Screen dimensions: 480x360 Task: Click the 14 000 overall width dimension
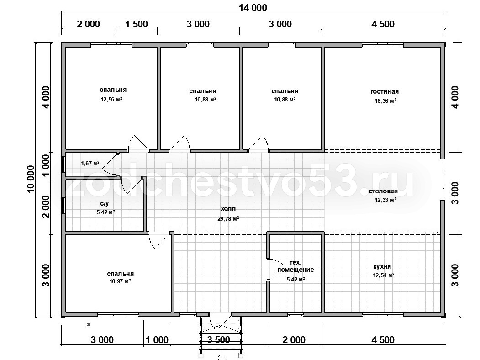coord(253,7)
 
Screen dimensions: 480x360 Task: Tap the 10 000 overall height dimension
coord(31,179)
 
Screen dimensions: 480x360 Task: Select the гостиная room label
coord(385,91)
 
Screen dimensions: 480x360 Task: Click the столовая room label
coord(383,191)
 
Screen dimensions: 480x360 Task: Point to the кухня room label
coord(382,266)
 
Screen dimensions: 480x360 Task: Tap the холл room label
coord(228,209)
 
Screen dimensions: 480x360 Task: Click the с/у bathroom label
coord(105,203)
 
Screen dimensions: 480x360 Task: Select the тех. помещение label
coord(295,266)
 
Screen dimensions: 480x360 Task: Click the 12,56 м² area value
coord(111,99)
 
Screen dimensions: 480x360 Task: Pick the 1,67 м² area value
coord(90,164)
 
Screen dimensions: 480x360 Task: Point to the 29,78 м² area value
coord(228,218)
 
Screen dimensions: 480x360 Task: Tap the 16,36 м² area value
coord(385,101)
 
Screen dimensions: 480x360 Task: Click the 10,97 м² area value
coord(120,281)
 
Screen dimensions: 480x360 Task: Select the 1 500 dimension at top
coord(137,24)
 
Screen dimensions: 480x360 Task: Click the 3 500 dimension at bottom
coord(219,340)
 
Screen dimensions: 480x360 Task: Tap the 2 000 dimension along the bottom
coord(294,340)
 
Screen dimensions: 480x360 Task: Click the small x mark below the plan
coord(89,324)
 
